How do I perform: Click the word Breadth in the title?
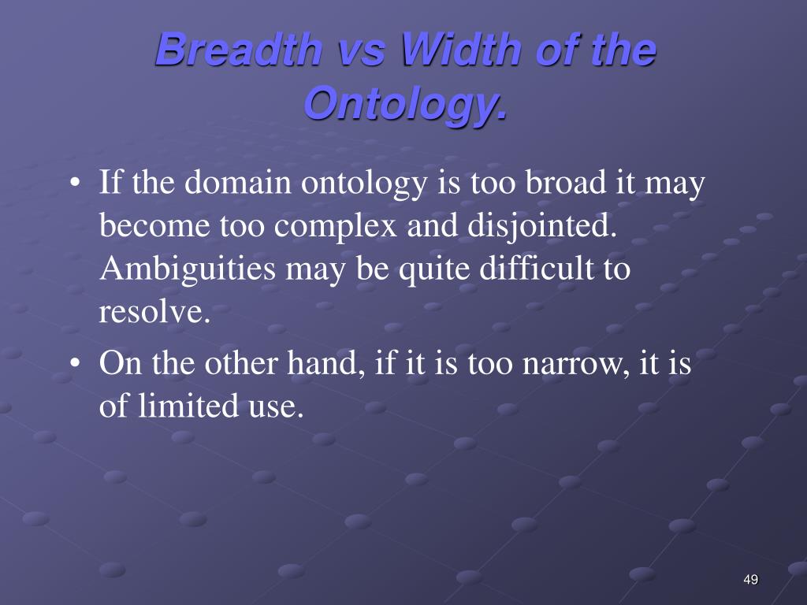coord(239,50)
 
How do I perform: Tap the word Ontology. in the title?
coord(406,103)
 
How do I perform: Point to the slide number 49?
coord(751,580)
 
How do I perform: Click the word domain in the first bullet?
coord(238,183)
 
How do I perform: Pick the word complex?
coord(335,226)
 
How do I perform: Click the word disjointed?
coord(542,225)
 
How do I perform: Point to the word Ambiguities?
coord(188,269)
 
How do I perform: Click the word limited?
coord(188,406)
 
